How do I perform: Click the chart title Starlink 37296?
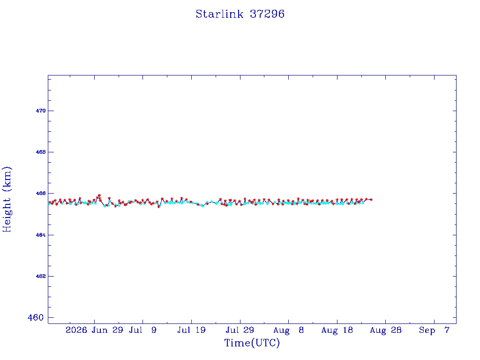(x=240, y=14)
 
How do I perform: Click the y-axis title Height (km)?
(x=7, y=200)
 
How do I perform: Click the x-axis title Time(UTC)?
(x=252, y=343)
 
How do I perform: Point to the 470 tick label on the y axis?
(x=41, y=111)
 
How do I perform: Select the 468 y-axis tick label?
(x=41, y=152)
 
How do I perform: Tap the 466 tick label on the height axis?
(x=41, y=194)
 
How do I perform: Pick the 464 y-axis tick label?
(x=41, y=235)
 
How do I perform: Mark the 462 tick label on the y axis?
(x=41, y=277)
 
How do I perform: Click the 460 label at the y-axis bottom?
(x=36, y=317)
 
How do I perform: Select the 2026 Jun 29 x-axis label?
(x=94, y=330)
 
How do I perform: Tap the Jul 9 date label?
(x=142, y=330)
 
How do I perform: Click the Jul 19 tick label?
(x=191, y=330)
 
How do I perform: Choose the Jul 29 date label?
(x=240, y=330)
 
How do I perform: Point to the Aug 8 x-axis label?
(x=288, y=330)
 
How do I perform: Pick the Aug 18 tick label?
(x=337, y=330)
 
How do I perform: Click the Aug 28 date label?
(x=386, y=330)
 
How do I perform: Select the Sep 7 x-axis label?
(x=434, y=330)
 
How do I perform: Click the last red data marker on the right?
(x=371, y=200)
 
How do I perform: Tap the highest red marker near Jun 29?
(x=99, y=195)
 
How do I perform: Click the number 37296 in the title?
(x=267, y=14)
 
